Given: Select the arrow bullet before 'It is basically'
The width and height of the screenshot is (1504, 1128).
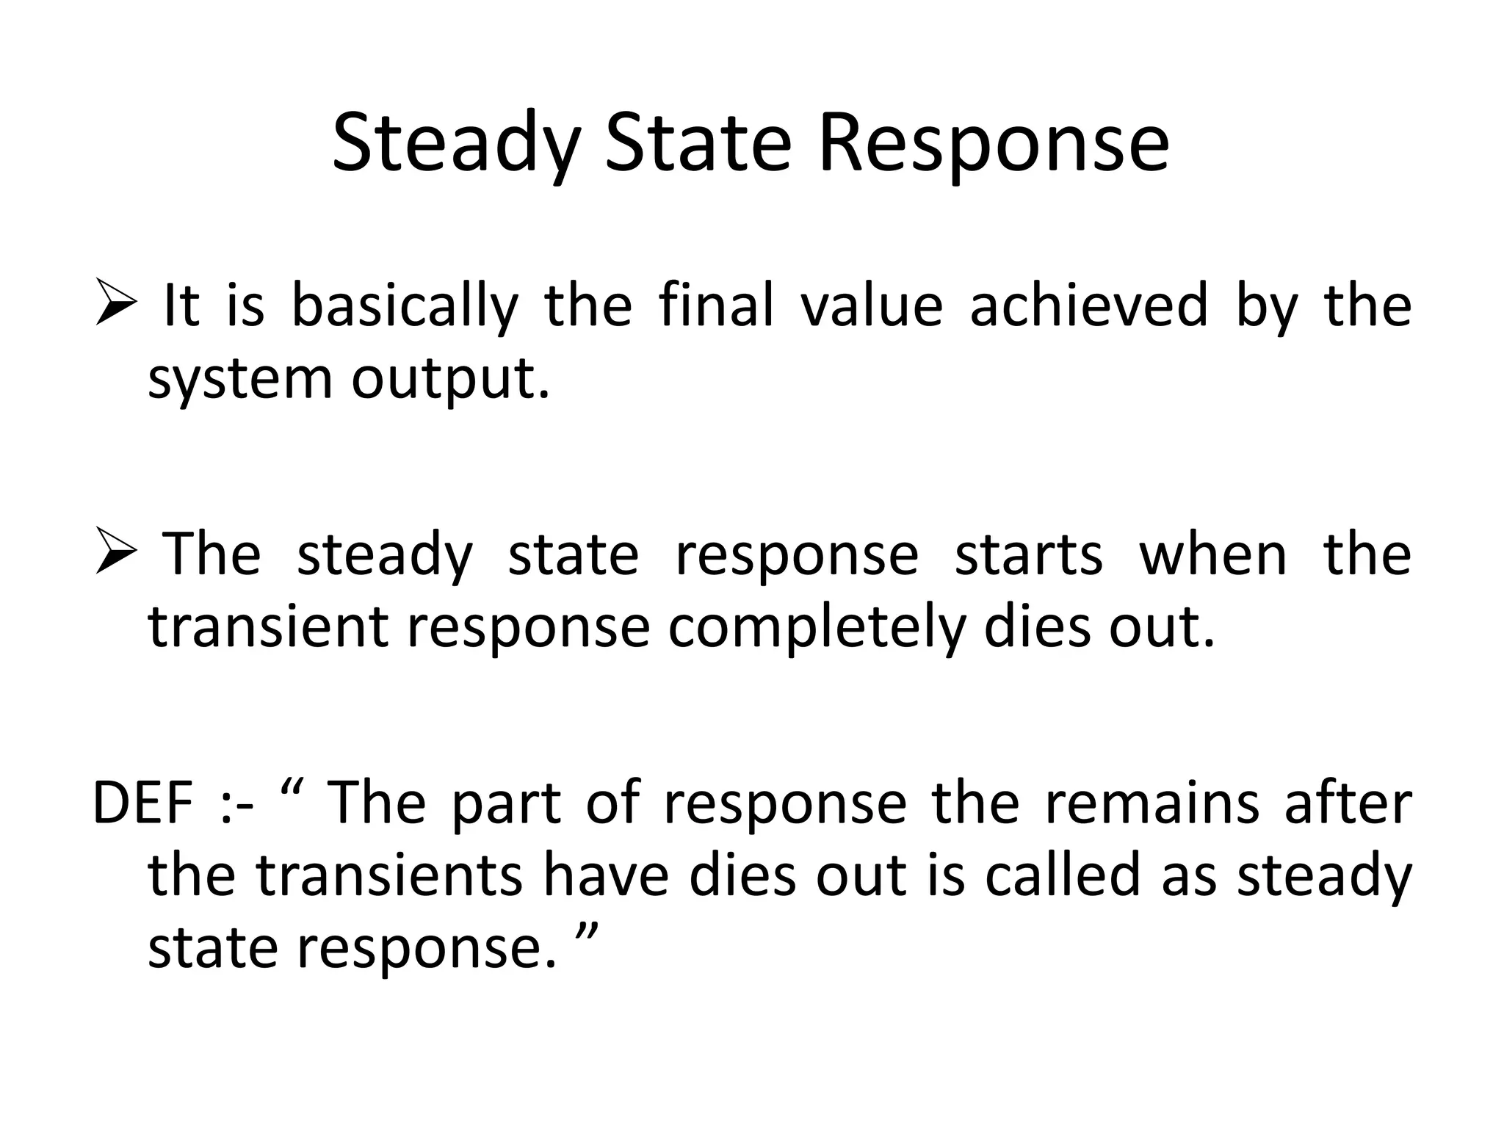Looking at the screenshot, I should coord(117,305).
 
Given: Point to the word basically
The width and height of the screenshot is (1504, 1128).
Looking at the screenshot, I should coord(405,307).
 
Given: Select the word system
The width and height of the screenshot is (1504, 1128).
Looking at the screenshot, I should coord(241,380).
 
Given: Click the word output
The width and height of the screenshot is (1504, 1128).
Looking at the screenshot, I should coord(450,380).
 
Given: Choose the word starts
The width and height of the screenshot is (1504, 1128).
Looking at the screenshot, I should coord(1028,554).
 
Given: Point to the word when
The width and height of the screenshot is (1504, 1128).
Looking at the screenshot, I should coord(1213,554).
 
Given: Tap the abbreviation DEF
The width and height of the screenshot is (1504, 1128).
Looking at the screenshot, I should coord(143,803).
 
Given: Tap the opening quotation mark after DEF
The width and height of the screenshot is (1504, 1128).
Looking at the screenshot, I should coord(292,790).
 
